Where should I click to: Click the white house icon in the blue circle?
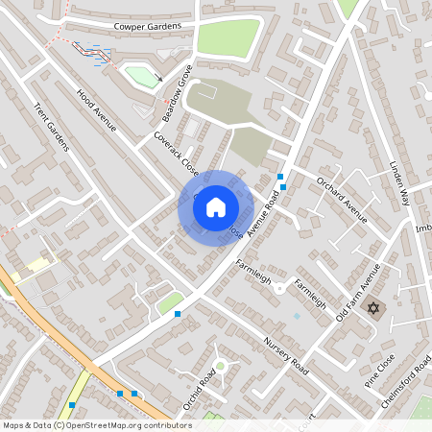[216, 206]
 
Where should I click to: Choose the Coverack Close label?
[175, 155]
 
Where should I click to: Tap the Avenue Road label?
[262, 214]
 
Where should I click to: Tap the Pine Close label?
[378, 369]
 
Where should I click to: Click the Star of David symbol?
[373, 309]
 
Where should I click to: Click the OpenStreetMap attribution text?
[96, 425]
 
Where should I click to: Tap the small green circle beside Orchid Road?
[220, 366]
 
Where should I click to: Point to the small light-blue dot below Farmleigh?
[297, 315]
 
